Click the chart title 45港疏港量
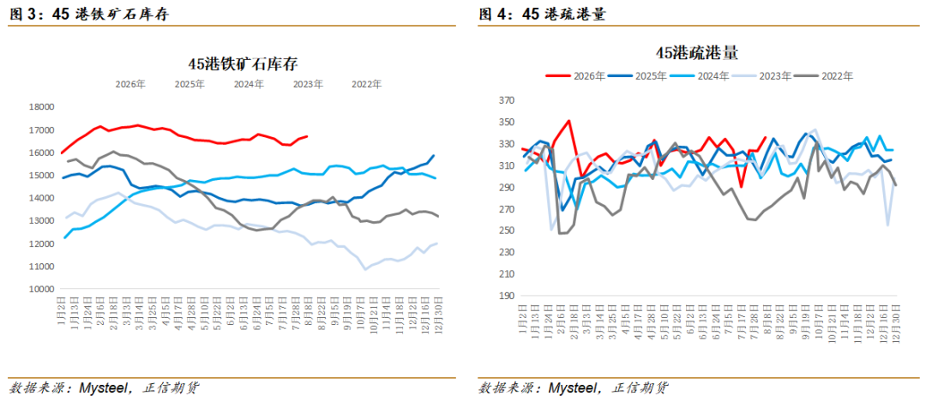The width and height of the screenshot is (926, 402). [697, 53]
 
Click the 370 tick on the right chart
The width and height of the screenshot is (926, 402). [508, 101]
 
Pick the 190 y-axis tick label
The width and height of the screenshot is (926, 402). [508, 296]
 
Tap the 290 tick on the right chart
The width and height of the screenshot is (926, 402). [508, 188]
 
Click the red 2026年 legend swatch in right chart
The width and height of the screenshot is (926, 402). [558, 75]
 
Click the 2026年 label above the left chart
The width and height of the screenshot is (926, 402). [130, 84]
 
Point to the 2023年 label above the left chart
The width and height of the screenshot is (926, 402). [308, 84]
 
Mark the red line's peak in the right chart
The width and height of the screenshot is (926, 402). [568, 120]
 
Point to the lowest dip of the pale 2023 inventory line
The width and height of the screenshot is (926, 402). [365, 269]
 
